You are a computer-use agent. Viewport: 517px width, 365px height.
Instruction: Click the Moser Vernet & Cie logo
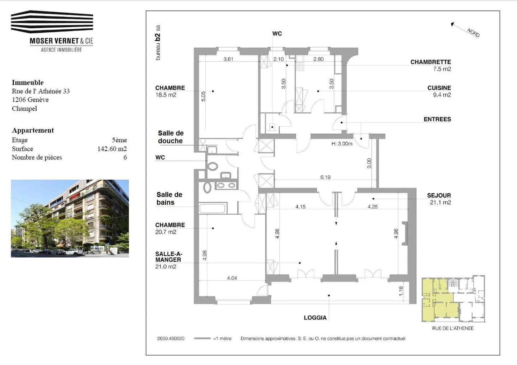point(52,31)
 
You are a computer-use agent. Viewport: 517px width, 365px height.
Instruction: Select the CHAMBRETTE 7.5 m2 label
point(430,65)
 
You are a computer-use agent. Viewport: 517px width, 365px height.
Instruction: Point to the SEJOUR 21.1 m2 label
point(439,199)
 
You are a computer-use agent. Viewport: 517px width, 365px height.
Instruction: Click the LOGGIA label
point(315,318)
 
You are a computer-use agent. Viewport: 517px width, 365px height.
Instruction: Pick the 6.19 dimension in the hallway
point(325,177)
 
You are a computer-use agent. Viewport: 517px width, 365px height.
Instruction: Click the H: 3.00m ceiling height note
point(341,144)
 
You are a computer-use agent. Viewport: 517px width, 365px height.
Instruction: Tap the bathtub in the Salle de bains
point(212,208)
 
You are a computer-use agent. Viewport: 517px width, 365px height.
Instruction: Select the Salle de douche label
point(171,137)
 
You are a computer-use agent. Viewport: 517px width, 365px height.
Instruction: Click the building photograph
point(70,218)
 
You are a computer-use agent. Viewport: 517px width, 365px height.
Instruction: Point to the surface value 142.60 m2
point(112,149)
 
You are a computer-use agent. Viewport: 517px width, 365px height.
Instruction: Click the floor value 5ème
point(119,140)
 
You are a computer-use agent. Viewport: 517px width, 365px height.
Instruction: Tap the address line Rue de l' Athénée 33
point(41,91)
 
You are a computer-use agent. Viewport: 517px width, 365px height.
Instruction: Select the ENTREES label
point(437,119)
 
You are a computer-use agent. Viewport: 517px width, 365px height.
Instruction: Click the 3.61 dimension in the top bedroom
point(228,59)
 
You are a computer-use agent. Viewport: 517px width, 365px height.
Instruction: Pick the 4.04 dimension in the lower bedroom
point(232,278)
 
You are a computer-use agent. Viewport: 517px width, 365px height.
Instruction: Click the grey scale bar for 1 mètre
point(202,338)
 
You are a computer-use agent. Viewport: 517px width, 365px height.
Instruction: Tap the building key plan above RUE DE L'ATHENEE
point(453,299)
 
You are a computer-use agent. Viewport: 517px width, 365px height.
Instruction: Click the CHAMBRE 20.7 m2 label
point(170,228)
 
